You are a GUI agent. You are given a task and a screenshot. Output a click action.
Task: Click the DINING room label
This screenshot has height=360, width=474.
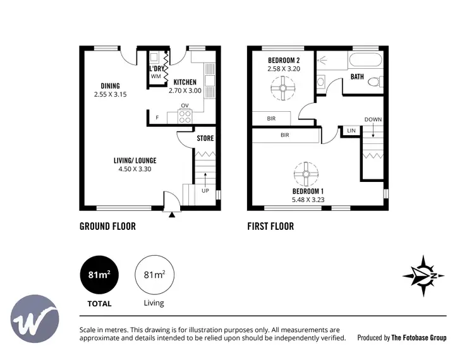tap(110, 86)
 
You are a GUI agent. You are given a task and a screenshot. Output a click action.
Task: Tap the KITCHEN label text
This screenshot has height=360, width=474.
tap(185, 82)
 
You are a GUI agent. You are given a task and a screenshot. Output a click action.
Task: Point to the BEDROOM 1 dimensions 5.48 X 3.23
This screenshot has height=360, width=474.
tap(308, 200)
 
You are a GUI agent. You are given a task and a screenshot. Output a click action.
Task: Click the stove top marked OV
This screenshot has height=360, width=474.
tap(185, 116)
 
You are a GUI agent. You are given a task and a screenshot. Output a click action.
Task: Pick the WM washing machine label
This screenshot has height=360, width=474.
tap(155, 76)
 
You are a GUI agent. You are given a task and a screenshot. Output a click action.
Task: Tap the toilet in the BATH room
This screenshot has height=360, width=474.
tap(375, 81)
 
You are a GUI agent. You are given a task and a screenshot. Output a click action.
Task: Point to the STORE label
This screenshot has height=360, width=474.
tap(205, 138)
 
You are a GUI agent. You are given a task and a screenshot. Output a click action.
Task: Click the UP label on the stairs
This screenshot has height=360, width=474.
tap(205, 190)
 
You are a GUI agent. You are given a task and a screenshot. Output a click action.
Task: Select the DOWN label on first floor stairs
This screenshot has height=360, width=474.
tap(373, 119)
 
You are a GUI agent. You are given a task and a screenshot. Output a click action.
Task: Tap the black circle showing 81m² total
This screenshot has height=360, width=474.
tap(99, 275)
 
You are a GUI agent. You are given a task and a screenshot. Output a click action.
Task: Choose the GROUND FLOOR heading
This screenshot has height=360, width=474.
tap(107, 226)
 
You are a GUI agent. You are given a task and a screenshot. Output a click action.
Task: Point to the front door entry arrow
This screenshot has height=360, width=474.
tap(171, 215)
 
